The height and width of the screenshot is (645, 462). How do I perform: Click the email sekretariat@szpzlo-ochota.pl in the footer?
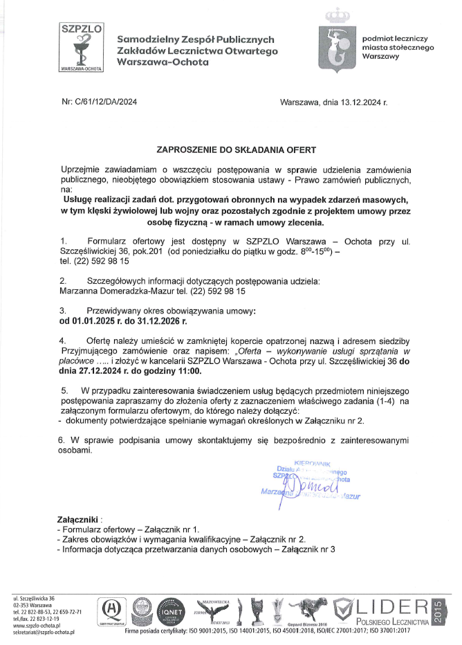point(44,633)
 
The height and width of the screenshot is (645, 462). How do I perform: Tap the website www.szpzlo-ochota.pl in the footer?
point(39,626)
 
